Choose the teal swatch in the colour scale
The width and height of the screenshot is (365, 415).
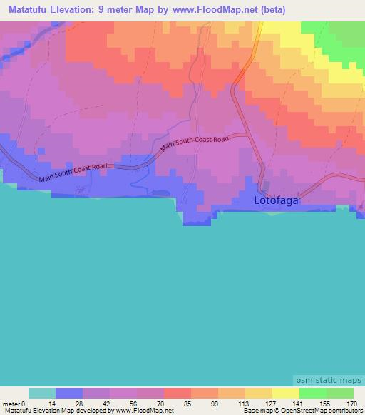tap(42, 393)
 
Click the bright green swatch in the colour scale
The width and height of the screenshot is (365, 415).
tap(312, 393)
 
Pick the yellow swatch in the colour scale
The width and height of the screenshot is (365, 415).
tap(285, 393)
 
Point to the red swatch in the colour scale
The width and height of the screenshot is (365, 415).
tap(178, 393)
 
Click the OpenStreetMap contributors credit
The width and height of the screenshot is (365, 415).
tap(319, 411)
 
